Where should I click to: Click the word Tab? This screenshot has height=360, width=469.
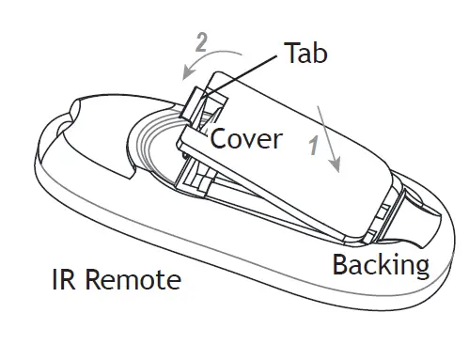click(305, 54)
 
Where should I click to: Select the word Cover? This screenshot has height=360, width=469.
click(245, 139)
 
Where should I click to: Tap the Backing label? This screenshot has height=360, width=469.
click(381, 265)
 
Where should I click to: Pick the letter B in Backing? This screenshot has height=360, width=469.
click(340, 264)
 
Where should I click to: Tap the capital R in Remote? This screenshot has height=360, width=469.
click(92, 280)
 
